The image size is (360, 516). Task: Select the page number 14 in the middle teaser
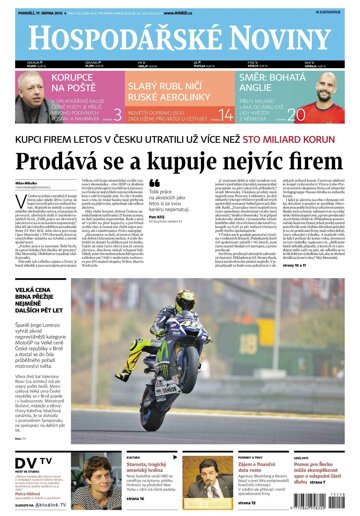pyautogui.click(x=224, y=114)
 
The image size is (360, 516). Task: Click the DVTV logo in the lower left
pyautogui.click(x=29, y=462)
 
